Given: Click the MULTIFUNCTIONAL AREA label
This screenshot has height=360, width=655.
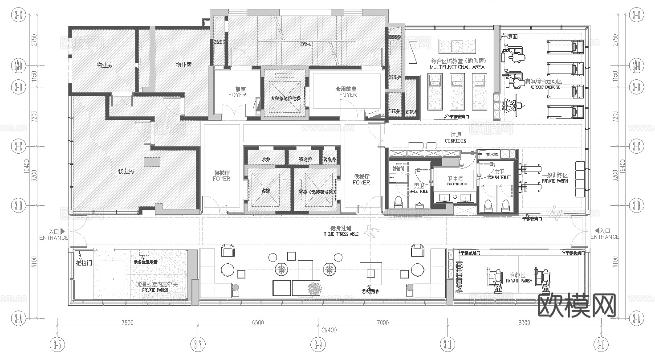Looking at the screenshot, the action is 456,67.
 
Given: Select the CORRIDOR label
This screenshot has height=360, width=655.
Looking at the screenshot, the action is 455,141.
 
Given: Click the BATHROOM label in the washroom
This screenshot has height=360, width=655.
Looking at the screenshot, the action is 457,184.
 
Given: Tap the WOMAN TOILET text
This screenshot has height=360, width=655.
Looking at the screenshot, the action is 499,177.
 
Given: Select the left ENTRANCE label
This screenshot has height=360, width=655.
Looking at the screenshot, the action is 54,237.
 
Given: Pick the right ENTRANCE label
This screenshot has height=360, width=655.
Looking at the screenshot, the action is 605,237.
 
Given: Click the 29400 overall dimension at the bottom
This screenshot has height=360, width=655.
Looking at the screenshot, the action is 330,330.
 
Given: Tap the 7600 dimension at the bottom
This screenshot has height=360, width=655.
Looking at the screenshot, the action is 127,323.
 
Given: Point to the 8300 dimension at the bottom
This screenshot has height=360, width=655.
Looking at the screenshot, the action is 525,323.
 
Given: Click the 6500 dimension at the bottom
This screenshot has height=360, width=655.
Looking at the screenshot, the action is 257,323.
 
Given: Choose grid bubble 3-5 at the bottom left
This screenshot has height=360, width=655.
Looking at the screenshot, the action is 57,344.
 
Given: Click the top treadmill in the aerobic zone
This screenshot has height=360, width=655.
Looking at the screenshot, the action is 565,46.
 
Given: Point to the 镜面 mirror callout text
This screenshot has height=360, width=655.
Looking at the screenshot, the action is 513,37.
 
